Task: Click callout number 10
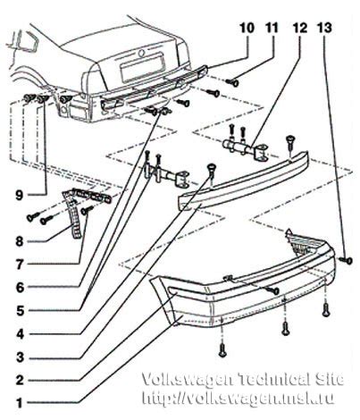click(247, 28)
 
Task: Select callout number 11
click(272, 28)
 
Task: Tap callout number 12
click(299, 28)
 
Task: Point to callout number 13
click(324, 28)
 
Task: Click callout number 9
click(20, 196)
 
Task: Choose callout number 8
click(20, 241)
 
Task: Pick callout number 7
click(20, 265)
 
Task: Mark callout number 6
click(20, 288)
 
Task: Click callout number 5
click(20, 311)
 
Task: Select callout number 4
click(20, 334)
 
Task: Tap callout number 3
click(20, 357)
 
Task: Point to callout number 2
click(20, 381)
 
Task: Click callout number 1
click(20, 404)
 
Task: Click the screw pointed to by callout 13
click(347, 261)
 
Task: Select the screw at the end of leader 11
click(232, 81)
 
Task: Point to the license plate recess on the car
click(142, 67)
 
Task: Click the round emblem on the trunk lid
click(141, 54)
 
